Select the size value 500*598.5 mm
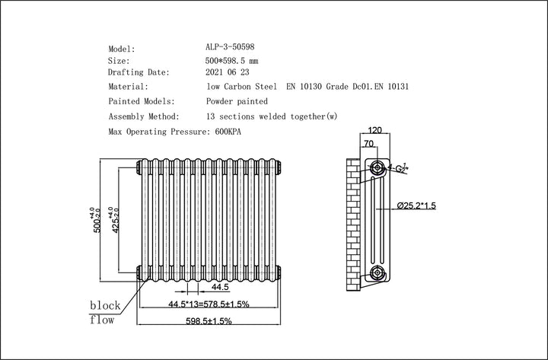click(x=237, y=60)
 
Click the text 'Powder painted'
click(x=237, y=101)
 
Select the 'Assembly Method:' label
click(x=144, y=116)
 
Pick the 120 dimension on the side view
click(x=374, y=131)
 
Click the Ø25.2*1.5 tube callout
click(x=416, y=205)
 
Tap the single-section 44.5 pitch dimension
click(x=220, y=287)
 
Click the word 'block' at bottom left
click(x=105, y=305)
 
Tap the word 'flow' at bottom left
click(x=103, y=320)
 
